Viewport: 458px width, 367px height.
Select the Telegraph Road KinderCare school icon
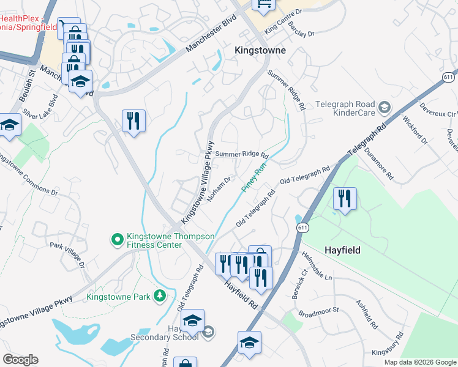pos(384,108)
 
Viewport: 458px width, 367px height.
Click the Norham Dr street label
pos(219,189)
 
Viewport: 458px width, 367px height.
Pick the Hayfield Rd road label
pos(239,292)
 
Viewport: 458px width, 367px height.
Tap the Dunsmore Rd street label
pos(378,163)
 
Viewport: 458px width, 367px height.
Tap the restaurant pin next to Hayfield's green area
pos(344,198)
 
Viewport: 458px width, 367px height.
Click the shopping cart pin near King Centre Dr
pos(263,5)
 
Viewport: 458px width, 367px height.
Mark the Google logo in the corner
pos(20,360)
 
